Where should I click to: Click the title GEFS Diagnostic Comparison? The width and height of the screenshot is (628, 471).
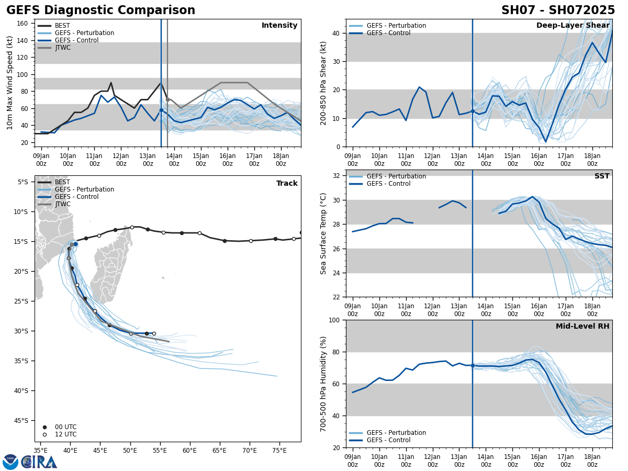100,10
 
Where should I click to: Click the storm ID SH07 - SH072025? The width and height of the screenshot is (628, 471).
558,10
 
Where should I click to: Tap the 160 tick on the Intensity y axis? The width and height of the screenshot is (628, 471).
24,24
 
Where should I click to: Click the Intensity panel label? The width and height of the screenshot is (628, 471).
279,26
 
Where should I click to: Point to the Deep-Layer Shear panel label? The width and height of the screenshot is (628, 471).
573,26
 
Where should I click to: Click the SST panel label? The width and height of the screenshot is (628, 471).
602,176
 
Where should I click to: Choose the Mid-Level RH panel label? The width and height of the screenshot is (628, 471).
582,327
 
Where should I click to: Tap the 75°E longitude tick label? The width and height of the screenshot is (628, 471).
279,450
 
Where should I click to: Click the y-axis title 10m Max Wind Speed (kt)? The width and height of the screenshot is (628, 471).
10,83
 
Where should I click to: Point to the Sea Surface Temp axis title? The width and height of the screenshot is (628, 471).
323,233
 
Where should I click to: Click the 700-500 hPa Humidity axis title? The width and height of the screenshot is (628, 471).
323,384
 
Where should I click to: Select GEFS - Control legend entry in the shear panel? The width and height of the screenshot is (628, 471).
388,33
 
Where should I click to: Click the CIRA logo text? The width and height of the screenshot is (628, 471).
39,462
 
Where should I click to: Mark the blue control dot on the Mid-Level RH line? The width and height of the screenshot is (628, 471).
473,365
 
